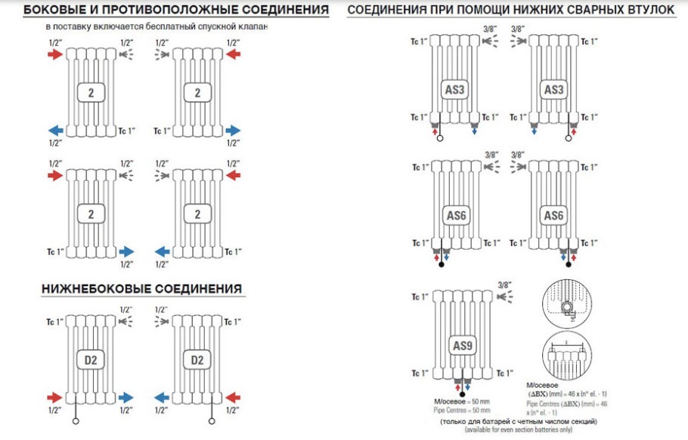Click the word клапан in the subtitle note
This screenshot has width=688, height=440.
click(x=254, y=26)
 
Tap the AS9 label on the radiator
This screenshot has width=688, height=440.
click(x=461, y=346)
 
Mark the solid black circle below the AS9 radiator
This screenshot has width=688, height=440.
click(x=462, y=395)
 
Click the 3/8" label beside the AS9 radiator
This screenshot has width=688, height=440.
click(x=505, y=284)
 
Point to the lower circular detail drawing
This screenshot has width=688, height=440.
click(x=564, y=356)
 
